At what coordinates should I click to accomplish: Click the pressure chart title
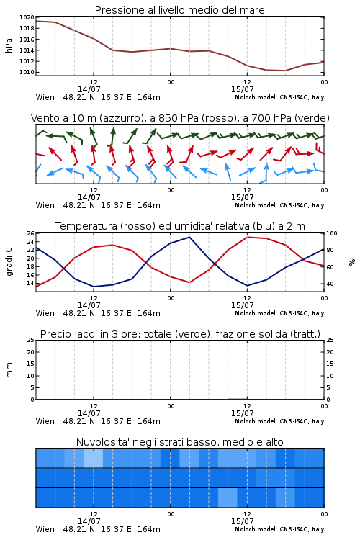point(179,10)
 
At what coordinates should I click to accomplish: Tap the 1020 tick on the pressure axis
point(27,17)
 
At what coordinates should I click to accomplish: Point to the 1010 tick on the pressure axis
point(27,72)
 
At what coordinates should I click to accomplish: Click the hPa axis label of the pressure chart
point(9,45)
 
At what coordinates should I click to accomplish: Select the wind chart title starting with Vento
point(180,118)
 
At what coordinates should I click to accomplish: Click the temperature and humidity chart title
point(180,226)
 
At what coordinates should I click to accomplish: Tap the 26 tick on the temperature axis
point(31,233)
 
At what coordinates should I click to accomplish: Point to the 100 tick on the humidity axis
point(331,233)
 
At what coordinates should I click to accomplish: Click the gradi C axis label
point(9,262)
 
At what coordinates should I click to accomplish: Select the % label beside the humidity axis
point(352,262)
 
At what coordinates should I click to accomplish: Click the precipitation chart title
point(180,334)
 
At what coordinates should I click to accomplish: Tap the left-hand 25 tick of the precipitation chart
point(31,340)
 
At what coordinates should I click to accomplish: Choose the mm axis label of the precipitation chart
point(9,370)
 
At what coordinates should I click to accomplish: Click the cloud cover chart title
point(179,442)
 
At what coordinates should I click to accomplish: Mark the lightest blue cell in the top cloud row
point(93,458)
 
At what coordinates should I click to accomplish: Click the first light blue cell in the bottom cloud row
point(228,498)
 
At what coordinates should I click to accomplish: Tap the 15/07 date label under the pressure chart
point(242,89)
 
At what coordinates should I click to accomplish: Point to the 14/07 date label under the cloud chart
point(89,521)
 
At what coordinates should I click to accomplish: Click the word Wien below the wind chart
point(45,206)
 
